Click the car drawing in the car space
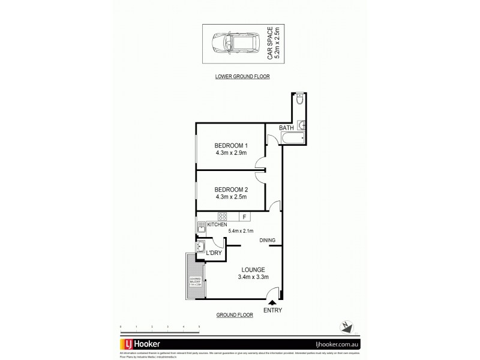pos(230,44)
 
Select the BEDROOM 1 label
pos(231,146)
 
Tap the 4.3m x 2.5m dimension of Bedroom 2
pos(231,197)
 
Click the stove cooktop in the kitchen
pos(223,217)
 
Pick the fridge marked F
pos(244,217)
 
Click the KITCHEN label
pos(217,224)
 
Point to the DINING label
pos(268,241)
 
